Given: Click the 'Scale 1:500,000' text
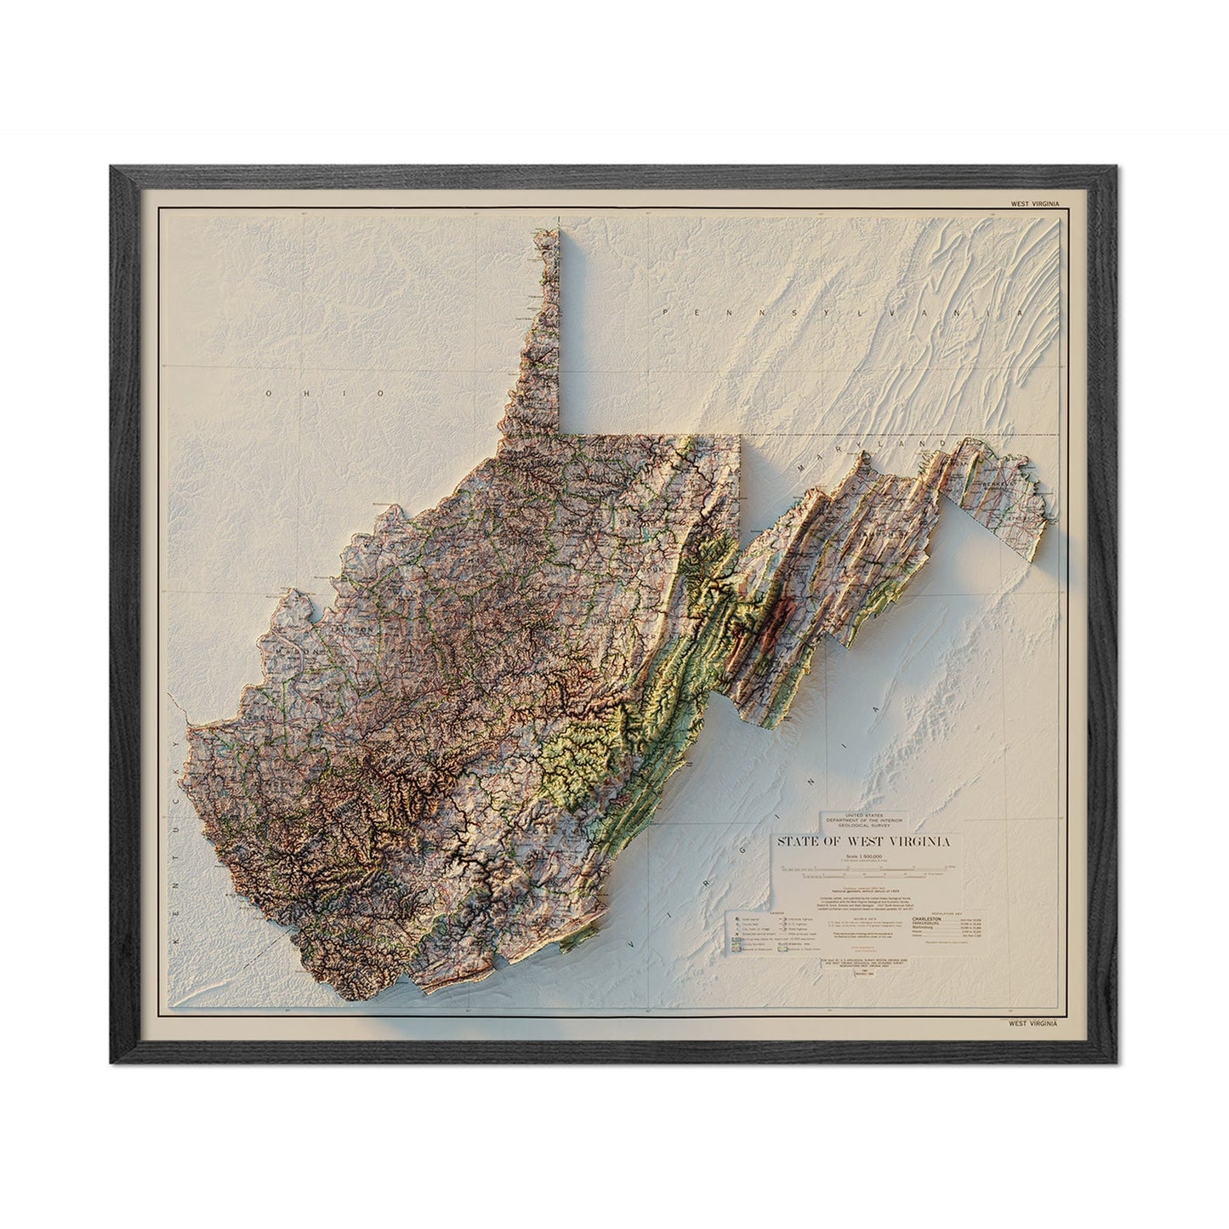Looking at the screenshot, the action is click(862, 855).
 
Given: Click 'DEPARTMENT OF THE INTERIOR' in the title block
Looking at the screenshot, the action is click(862, 819).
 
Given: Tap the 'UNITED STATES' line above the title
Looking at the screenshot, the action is click(862, 814).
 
